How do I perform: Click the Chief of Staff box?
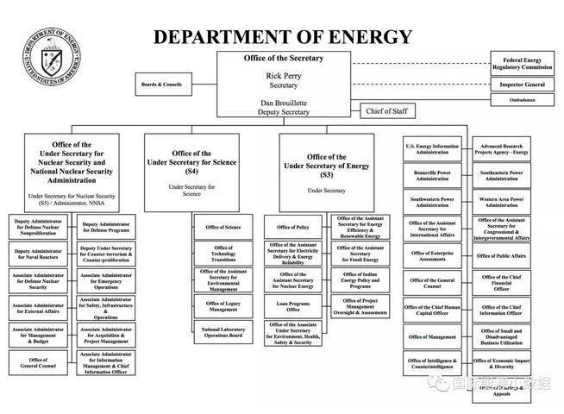click(x=389, y=111)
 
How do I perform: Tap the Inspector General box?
click(x=522, y=85)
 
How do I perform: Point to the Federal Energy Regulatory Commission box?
click(x=522, y=63)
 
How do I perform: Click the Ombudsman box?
click(x=522, y=100)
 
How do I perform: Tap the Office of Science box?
click(x=223, y=227)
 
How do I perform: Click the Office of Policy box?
click(x=293, y=227)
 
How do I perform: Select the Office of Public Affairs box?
click(x=501, y=256)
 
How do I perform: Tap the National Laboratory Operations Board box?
click(x=223, y=333)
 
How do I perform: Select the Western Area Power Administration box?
click(x=501, y=202)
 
